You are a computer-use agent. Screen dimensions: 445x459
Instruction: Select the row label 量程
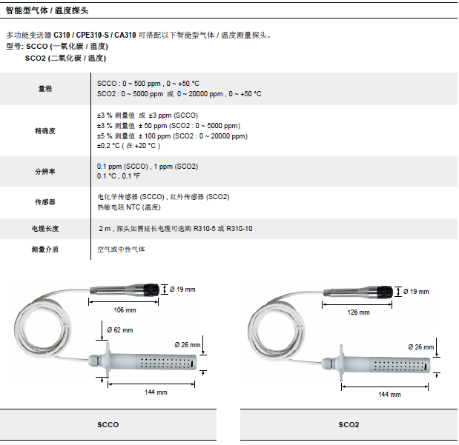click(45, 89)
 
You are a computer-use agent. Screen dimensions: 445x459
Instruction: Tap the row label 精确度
click(45, 130)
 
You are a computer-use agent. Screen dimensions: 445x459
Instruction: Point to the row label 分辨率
click(45, 171)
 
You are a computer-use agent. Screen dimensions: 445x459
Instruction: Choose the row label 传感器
click(45, 201)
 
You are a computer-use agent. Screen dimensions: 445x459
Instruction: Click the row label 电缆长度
click(45, 229)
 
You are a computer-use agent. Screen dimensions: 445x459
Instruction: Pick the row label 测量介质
click(45, 250)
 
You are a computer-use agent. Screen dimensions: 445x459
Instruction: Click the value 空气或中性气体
click(122, 250)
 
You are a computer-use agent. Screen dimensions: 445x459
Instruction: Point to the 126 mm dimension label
click(359, 312)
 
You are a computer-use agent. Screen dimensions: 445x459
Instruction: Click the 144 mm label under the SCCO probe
click(156, 392)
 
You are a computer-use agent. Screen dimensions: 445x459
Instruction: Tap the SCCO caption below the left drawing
click(108, 425)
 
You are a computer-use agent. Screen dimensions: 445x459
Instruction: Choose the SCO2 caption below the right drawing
click(349, 425)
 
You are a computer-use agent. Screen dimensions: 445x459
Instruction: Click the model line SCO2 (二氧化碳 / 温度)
click(66, 57)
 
